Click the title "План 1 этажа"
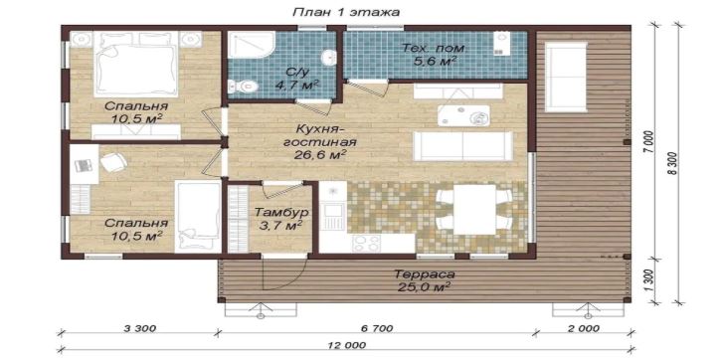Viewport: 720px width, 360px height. click(346, 12)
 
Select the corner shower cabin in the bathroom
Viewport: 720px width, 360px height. click(251, 45)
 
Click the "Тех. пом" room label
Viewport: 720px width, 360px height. click(434, 48)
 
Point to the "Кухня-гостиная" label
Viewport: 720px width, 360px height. click(320, 134)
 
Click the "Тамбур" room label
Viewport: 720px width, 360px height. click(281, 213)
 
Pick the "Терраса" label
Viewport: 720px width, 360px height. click(425, 274)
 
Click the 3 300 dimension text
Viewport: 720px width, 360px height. click(140, 328)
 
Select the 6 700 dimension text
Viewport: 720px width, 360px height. click(377, 328)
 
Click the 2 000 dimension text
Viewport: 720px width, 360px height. click(583, 328)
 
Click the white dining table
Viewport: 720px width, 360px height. click(474, 210)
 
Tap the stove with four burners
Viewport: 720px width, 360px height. click(367, 244)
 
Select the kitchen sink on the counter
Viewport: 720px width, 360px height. click(331, 216)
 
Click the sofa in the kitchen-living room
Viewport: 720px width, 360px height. click(462, 145)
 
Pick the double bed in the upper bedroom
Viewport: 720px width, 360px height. click(136, 64)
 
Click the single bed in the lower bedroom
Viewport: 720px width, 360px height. click(198, 216)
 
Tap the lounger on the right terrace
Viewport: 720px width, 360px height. click(566, 77)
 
